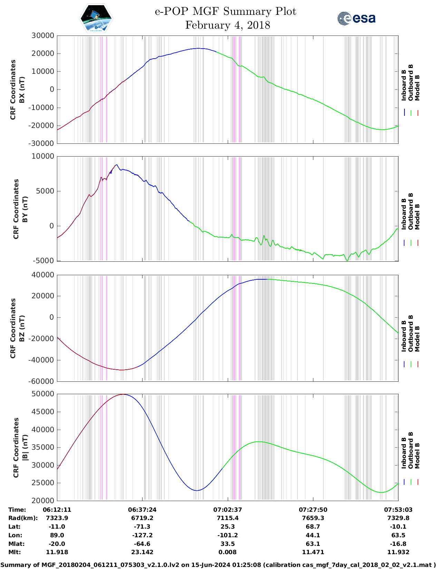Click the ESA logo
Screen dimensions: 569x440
(x=356, y=18)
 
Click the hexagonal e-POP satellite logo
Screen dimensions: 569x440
(x=96, y=19)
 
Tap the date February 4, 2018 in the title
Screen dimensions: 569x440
(x=227, y=25)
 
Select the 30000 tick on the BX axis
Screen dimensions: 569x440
(x=43, y=36)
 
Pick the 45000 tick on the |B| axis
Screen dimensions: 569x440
(x=43, y=412)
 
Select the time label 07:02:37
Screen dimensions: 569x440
(x=227, y=509)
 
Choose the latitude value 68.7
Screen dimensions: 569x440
(x=313, y=527)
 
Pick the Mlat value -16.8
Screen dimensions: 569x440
(x=398, y=544)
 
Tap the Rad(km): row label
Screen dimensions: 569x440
(x=23, y=518)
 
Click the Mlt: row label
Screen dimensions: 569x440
(x=14, y=552)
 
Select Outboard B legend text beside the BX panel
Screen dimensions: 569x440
(x=411, y=83)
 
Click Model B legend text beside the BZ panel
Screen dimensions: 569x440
(x=417, y=339)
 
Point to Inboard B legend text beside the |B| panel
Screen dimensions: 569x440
(x=404, y=453)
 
